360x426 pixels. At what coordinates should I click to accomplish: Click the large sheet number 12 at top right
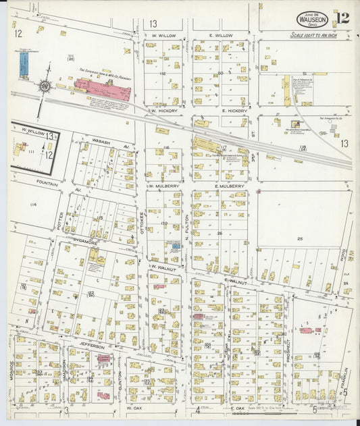pos(343,18)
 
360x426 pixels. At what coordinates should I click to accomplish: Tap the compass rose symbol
pos(45,86)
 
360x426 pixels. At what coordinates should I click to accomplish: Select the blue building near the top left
pos(24,64)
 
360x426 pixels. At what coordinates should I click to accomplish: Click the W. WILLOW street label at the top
pos(163,35)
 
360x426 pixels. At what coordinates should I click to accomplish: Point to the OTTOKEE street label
pos(143,220)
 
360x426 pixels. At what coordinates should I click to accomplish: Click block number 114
pos(30,203)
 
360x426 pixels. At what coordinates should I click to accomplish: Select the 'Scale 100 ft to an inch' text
pos(314,36)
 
